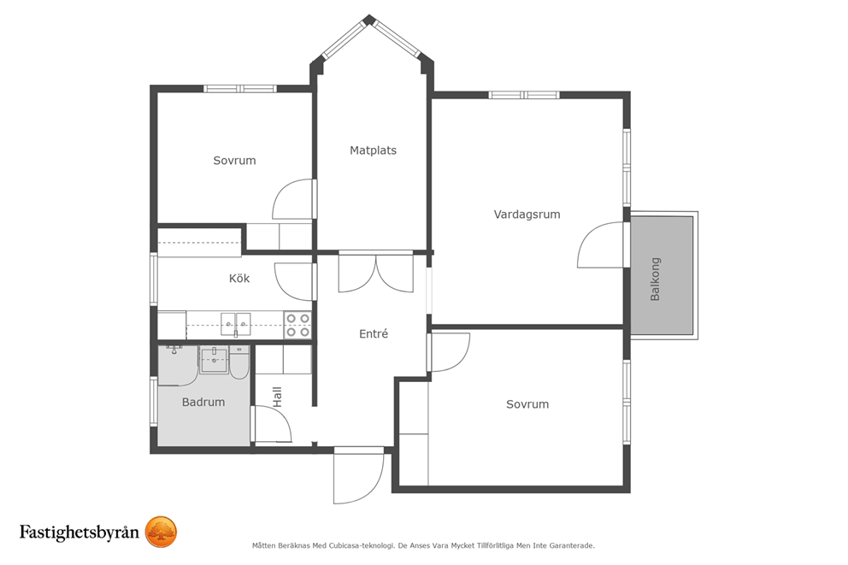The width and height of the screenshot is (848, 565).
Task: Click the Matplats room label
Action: pyautogui.click(x=373, y=150)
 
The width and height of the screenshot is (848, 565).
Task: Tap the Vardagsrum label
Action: pyautogui.click(x=527, y=214)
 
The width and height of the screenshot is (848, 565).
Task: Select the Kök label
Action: pyautogui.click(x=239, y=278)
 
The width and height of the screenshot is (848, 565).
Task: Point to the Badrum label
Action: pyautogui.click(x=203, y=402)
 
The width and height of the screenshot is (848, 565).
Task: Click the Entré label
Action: pyautogui.click(x=374, y=333)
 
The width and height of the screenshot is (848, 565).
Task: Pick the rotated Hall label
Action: pyautogui.click(x=278, y=397)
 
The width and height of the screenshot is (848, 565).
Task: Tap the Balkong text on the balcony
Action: pyautogui.click(x=655, y=279)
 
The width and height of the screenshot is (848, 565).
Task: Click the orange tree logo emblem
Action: pyautogui.click(x=162, y=532)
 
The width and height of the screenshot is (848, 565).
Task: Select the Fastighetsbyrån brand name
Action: pyautogui.click(x=79, y=532)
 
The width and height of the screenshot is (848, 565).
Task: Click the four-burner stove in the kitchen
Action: pyautogui.click(x=298, y=325)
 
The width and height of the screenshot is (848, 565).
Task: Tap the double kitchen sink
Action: pyautogui.click(x=236, y=325)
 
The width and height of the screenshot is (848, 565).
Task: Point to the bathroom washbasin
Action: pyautogui.click(x=215, y=360)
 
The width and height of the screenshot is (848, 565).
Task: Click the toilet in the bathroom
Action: pyautogui.click(x=238, y=362)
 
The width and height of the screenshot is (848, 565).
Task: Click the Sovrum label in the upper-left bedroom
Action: pyautogui.click(x=234, y=161)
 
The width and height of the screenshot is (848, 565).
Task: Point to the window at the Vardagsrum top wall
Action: pyautogui.click(x=524, y=95)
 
